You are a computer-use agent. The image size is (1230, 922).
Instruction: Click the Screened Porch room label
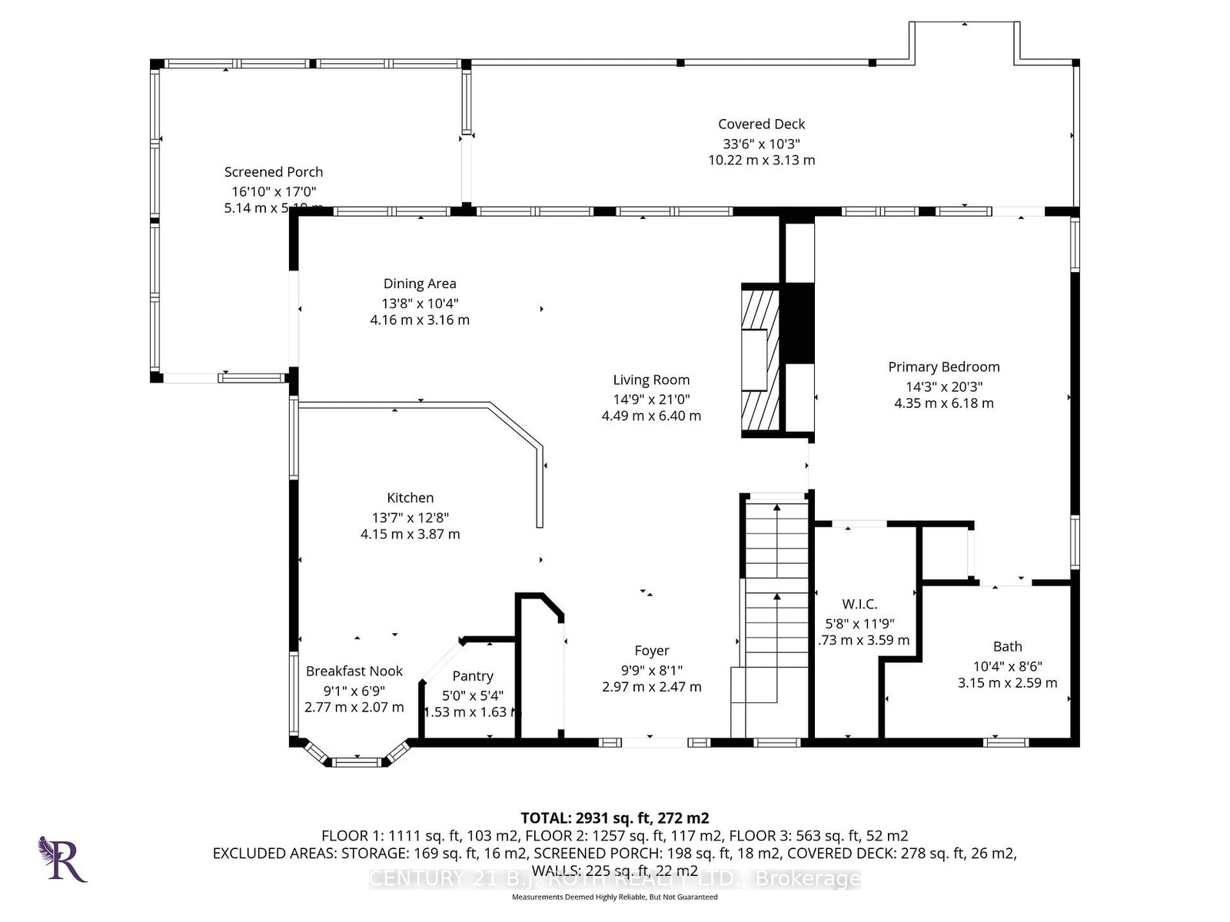coord(274,172)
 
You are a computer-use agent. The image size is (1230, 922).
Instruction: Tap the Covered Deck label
coord(761,124)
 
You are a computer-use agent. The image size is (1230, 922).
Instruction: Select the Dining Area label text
coord(420,284)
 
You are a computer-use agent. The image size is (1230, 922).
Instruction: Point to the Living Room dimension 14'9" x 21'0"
coord(651,399)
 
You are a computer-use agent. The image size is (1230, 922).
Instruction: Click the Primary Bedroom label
coord(943,367)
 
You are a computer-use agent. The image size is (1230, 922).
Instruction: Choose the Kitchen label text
coord(410,498)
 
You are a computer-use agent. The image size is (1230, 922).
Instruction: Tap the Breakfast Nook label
coord(354,672)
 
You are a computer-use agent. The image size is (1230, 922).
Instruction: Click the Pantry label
coord(472,676)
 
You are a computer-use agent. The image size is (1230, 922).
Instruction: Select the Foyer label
coord(651,651)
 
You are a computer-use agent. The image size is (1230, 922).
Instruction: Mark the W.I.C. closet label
coord(859,605)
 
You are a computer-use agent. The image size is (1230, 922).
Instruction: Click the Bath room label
coord(1007,647)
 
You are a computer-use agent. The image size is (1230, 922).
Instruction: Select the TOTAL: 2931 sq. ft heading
coord(614,818)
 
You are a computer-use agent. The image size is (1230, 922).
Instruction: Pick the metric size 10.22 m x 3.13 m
coord(761,161)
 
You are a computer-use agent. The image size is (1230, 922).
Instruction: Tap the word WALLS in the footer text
coord(556,871)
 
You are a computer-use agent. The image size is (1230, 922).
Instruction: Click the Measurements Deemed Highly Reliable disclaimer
coord(614,897)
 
